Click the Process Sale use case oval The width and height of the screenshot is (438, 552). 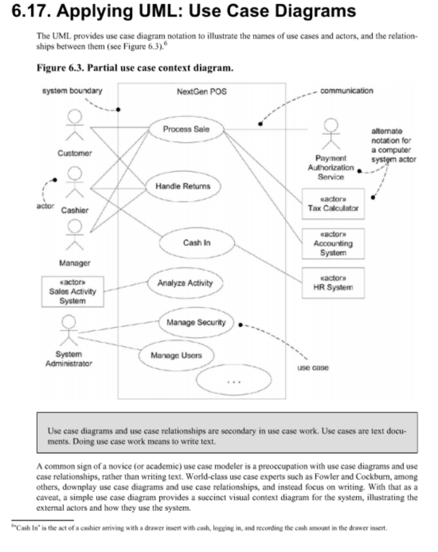[186, 129]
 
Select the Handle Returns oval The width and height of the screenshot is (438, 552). [182, 187]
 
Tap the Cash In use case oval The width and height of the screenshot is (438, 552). [196, 243]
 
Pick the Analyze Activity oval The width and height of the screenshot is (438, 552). [185, 283]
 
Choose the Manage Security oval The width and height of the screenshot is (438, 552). [196, 323]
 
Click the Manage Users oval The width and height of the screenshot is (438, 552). [176, 356]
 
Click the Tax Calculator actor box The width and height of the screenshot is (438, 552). [333, 204]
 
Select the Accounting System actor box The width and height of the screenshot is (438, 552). [333, 244]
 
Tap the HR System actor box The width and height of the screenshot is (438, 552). [333, 283]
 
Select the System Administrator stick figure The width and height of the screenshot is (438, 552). [69, 331]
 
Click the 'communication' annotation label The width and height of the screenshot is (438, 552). [346, 91]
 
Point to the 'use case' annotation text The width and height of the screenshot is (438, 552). [313, 368]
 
